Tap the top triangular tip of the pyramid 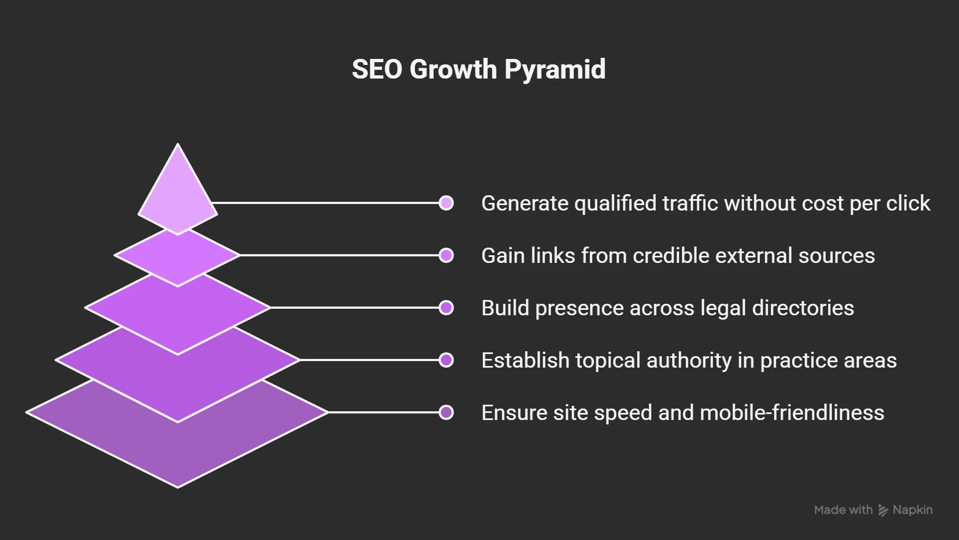178,145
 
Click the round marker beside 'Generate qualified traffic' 446,203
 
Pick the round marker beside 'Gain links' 446,255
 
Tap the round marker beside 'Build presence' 446,308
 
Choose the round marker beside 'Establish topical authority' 446,360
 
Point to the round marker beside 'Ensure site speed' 446,412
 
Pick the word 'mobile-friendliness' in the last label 792,412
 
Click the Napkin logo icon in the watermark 883,510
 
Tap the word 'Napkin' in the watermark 913,510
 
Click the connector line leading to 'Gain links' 339,255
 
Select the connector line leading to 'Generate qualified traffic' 325,203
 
